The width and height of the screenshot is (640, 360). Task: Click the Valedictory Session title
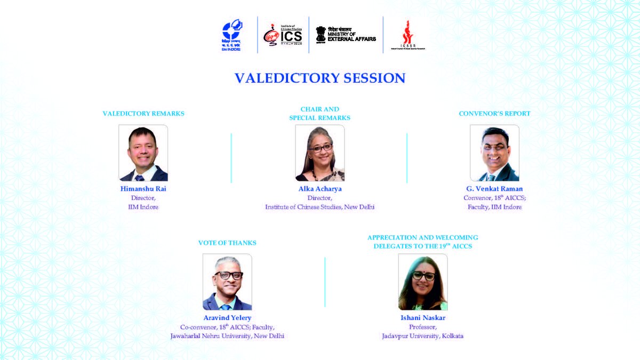pyautogui.click(x=320, y=78)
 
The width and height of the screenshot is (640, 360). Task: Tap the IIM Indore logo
pyautogui.click(x=231, y=35)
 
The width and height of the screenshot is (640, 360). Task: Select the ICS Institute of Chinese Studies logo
pyautogui.click(x=283, y=35)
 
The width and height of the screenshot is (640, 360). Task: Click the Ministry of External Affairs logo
pyautogui.click(x=346, y=35)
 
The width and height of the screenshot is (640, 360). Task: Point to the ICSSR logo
pyautogui.click(x=409, y=35)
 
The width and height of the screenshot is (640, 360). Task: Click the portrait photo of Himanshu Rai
pyautogui.click(x=143, y=153)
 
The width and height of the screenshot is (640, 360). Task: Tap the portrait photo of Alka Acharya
pyautogui.click(x=319, y=153)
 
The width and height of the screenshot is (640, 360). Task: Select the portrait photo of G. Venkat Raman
pyautogui.click(x=494, y=153)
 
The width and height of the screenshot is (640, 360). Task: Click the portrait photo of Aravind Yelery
pyautogui.click(x=227, y=282)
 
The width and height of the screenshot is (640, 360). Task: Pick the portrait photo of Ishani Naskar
pyautogui.click(x=423, y=282)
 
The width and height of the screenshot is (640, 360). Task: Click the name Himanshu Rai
pyautogui.click(x=143, y=189)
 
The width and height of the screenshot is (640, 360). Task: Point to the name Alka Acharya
pyautogui.click(x=319, y=189)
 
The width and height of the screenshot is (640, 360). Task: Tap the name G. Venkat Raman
pyautogui.click(x=494, y=189)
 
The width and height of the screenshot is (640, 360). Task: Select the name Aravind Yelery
pyautogui.click(x=227, y=318)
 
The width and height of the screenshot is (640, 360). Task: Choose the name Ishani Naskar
pyautogui.click(x=423, y=318)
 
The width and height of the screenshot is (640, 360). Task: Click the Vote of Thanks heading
pyautogui.click(x=227, y=243)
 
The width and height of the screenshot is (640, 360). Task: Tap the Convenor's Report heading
pyautogui.click(x=494, y=114)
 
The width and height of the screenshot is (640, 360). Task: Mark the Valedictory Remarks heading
pyautogui.click(x=143, y=114)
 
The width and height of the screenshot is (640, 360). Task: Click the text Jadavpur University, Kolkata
pyautogui.click(x=422, y=336)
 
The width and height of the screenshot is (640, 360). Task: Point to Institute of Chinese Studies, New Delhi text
pyautogui.click(x=319, y=207)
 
